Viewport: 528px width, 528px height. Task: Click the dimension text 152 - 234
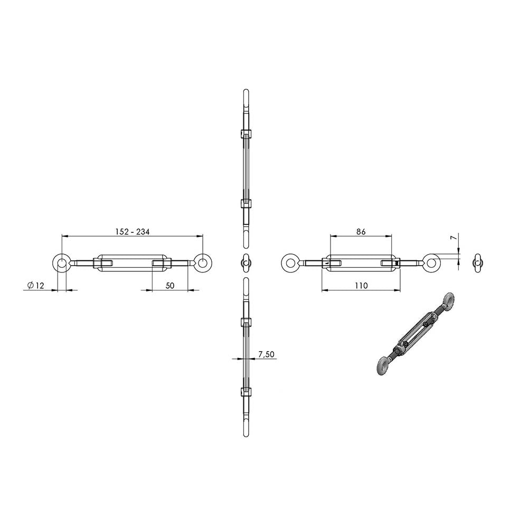tap(132, 232)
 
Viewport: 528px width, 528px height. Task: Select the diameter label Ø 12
tap(35, 286)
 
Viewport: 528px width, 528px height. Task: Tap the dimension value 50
tap(170, 286)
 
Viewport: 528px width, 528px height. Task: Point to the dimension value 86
tap(361, 232)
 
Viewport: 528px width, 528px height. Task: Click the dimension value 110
tap(361, 286)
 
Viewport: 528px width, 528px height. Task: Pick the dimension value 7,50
tap(266, 354)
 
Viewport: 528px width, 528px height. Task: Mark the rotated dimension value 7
tap(454, 238)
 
